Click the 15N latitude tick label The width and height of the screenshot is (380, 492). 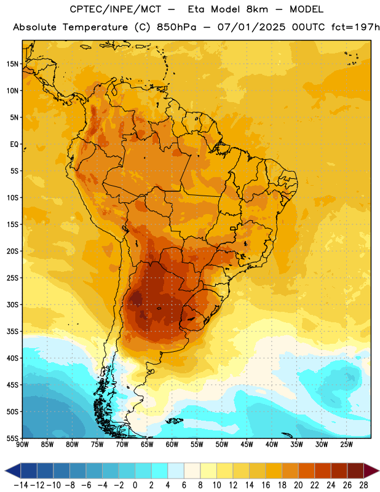[12, 64]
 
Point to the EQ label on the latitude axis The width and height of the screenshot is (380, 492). [14, 145]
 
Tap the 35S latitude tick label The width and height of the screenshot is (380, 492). [12, 331]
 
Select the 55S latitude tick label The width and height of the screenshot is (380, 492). [12, 438]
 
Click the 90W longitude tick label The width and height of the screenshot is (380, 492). [22, 445]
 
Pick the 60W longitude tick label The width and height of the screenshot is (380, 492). [172, 445]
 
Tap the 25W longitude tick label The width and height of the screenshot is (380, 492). [346, 445]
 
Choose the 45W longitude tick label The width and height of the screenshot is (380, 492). [247, 445]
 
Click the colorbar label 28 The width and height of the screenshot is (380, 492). [363, 485]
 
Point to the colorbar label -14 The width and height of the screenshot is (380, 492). [21, 485]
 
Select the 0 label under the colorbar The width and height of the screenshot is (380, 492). [135, 485]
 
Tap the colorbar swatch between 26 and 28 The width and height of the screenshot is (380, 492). [355, 470]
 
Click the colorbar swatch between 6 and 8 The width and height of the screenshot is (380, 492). [192, 470]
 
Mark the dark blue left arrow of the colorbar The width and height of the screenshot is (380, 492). [13, 470]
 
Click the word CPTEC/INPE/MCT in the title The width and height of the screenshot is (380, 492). [116, 9]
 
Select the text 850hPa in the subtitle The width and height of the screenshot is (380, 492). [176, 27]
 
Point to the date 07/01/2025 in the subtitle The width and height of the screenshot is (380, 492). [251, 27]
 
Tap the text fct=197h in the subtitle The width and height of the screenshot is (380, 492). [355, 27]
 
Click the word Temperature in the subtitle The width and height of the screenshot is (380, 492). [95, 28]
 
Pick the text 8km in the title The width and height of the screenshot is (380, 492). [257, 9]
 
